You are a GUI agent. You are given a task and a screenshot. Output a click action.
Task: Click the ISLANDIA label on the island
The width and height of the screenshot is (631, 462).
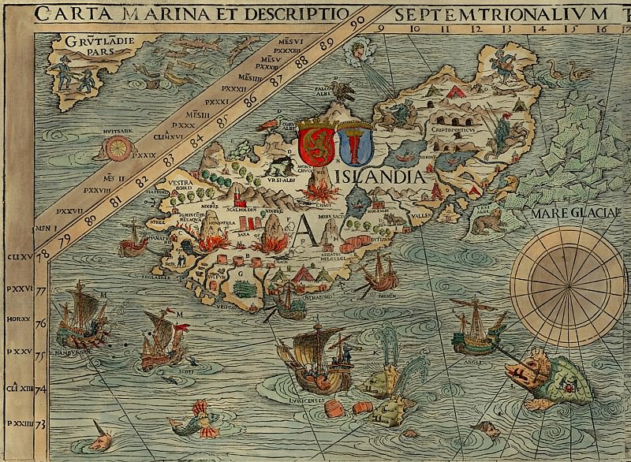(387, 174)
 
